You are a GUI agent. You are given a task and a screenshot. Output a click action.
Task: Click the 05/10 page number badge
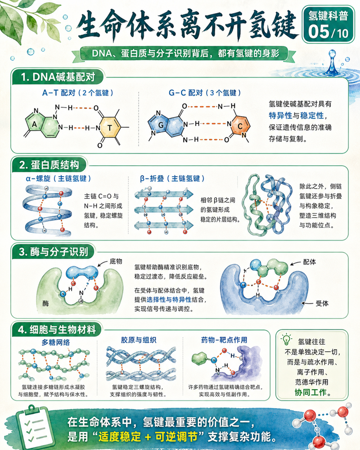[x=328, y=32]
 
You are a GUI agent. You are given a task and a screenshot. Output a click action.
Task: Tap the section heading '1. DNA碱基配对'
[x=58, y=77]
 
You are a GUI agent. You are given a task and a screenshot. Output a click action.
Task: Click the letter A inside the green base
[x=34, y=124]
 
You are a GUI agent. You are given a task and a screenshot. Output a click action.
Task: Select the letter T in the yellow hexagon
[x=109, y=127]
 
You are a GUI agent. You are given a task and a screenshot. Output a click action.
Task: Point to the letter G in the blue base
[x=161, y=125]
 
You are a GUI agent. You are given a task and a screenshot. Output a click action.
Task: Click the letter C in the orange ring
[x=240, y=126]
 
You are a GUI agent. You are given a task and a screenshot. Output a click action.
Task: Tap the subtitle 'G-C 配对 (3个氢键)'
[x=205, y=93]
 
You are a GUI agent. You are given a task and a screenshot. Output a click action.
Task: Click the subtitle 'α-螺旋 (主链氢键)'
[x=58, y=178]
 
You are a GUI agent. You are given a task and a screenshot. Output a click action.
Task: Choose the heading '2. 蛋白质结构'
[x=49, y=165]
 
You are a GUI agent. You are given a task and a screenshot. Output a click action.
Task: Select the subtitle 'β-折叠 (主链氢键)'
[x=172, y=178]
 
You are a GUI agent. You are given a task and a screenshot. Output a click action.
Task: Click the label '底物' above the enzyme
[x=116, y=261]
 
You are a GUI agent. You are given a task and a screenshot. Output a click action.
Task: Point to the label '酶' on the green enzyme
[x=45, y=303]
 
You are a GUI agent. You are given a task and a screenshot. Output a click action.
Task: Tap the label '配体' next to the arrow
[x=310, y=262]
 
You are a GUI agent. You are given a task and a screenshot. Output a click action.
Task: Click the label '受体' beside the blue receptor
[x=322, y=303]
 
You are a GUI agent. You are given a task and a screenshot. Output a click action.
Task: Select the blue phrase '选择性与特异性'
[x=169, y=300]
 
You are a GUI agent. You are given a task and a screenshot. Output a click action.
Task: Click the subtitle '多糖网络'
[x=56, y=342]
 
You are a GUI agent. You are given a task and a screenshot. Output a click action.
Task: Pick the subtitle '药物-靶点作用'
[x=224, y=340]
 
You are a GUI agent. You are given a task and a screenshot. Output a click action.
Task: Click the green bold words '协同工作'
[x=310, y=392]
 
